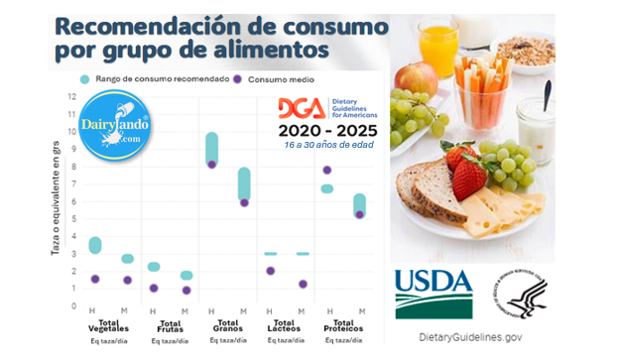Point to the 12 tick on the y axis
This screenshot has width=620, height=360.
point(70,97)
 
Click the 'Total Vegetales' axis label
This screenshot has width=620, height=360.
point(108,325)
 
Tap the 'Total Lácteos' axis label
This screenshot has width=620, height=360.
point(287,325)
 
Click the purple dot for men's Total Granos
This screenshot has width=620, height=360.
point(212,164)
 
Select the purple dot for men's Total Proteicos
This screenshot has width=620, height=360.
point(326,170)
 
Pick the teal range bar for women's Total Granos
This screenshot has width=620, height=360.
point(244,183)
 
